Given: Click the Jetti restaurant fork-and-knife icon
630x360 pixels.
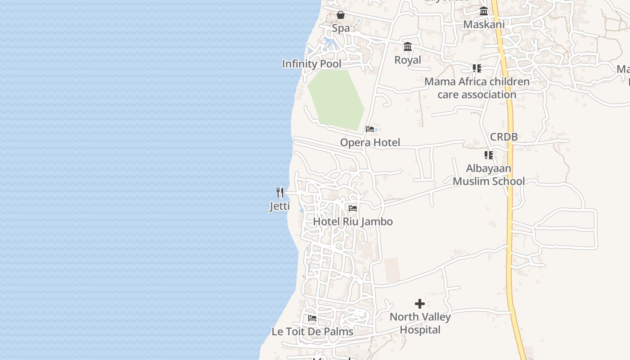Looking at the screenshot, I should tap(280, 193).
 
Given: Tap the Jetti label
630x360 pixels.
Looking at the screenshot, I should tap(280, 207).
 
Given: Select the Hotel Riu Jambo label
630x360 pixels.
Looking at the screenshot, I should tap(353, 221).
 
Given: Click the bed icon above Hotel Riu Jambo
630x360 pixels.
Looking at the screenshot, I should tap(353, 208).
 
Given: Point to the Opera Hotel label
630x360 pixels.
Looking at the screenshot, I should tap(370, 143).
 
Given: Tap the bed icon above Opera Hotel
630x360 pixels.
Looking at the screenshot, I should tap(370, 129).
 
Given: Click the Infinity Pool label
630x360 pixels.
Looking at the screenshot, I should tap(311, 64).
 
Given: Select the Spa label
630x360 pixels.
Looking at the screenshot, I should tap(341, 28).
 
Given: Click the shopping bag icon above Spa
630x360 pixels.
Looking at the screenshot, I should tap(341, 15).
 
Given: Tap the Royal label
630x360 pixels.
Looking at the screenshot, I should tap(408, 60).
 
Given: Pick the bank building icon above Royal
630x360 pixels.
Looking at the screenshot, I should tap(408, 47).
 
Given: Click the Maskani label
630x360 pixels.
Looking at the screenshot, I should tap(484, 24).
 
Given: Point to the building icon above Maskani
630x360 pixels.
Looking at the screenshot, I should tap(484, 11).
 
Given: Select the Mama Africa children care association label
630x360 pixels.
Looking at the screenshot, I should tap(477, 88).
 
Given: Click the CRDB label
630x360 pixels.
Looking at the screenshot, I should tap(504, 137).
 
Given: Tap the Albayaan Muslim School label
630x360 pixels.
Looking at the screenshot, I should tap(489, 175).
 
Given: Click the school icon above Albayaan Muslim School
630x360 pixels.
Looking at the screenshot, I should tap(489, 155).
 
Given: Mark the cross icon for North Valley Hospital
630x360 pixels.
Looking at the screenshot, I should tap(420, 304).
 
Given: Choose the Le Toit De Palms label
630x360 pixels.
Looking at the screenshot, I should tap(312, 332).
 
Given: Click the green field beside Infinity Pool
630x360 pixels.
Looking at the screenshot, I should tap(337, 99).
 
